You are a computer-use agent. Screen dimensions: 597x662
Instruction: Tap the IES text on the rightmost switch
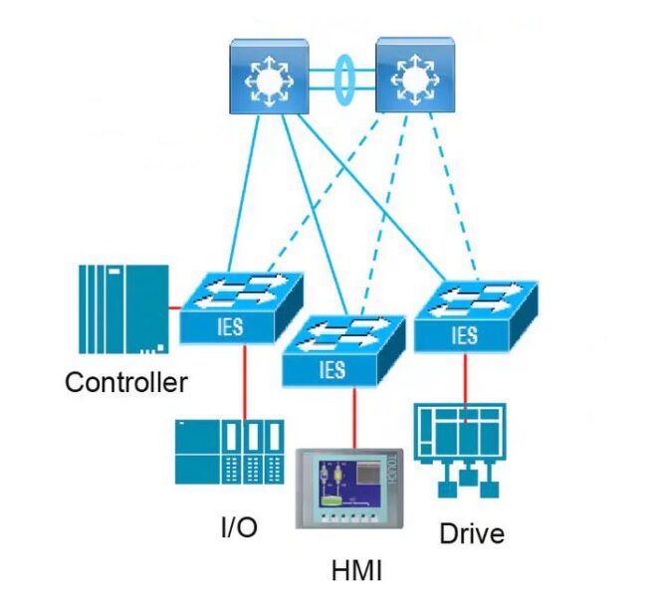(465, 334)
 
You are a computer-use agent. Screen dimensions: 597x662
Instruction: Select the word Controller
(126, 382)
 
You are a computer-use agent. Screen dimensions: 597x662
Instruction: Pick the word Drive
(472, 533)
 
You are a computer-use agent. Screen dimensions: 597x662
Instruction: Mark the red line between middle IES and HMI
(350, 418)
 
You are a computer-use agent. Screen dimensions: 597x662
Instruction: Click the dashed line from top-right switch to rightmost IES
(457, 194)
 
